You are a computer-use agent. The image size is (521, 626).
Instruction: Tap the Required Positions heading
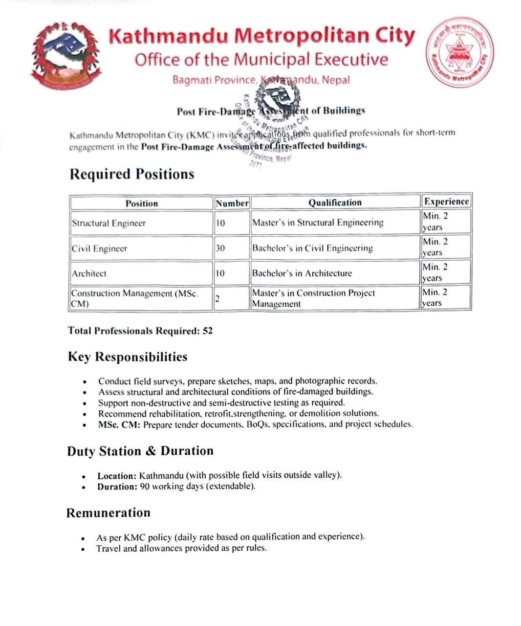[131, 175]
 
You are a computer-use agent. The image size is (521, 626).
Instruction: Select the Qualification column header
[335, 202]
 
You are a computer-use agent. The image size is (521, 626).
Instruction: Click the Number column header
[232, 203]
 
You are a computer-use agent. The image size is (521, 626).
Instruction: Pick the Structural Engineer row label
[109, 223]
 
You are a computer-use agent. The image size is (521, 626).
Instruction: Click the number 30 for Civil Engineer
[220, 248]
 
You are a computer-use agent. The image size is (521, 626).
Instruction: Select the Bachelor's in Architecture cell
[302, 273]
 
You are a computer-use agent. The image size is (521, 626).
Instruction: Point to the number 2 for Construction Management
[217, 298]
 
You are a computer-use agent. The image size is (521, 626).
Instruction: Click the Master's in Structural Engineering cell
[318, 223]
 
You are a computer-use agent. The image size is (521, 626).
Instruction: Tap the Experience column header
[446, 201]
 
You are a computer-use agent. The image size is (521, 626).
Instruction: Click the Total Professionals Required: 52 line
[140, 331]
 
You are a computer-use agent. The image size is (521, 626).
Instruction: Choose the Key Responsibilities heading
[128, 357]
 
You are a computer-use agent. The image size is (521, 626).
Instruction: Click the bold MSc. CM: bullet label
[119, 425]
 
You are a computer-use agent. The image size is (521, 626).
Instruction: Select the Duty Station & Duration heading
[140, 451]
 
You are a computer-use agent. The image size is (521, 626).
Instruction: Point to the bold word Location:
[117, 476]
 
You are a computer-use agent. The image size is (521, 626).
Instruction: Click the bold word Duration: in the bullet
[117, 487]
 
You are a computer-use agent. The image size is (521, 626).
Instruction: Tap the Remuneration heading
[109, 513]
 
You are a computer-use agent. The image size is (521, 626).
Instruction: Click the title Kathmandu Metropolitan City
[261, 36]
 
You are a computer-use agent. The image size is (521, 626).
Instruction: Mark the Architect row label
[89, 274]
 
